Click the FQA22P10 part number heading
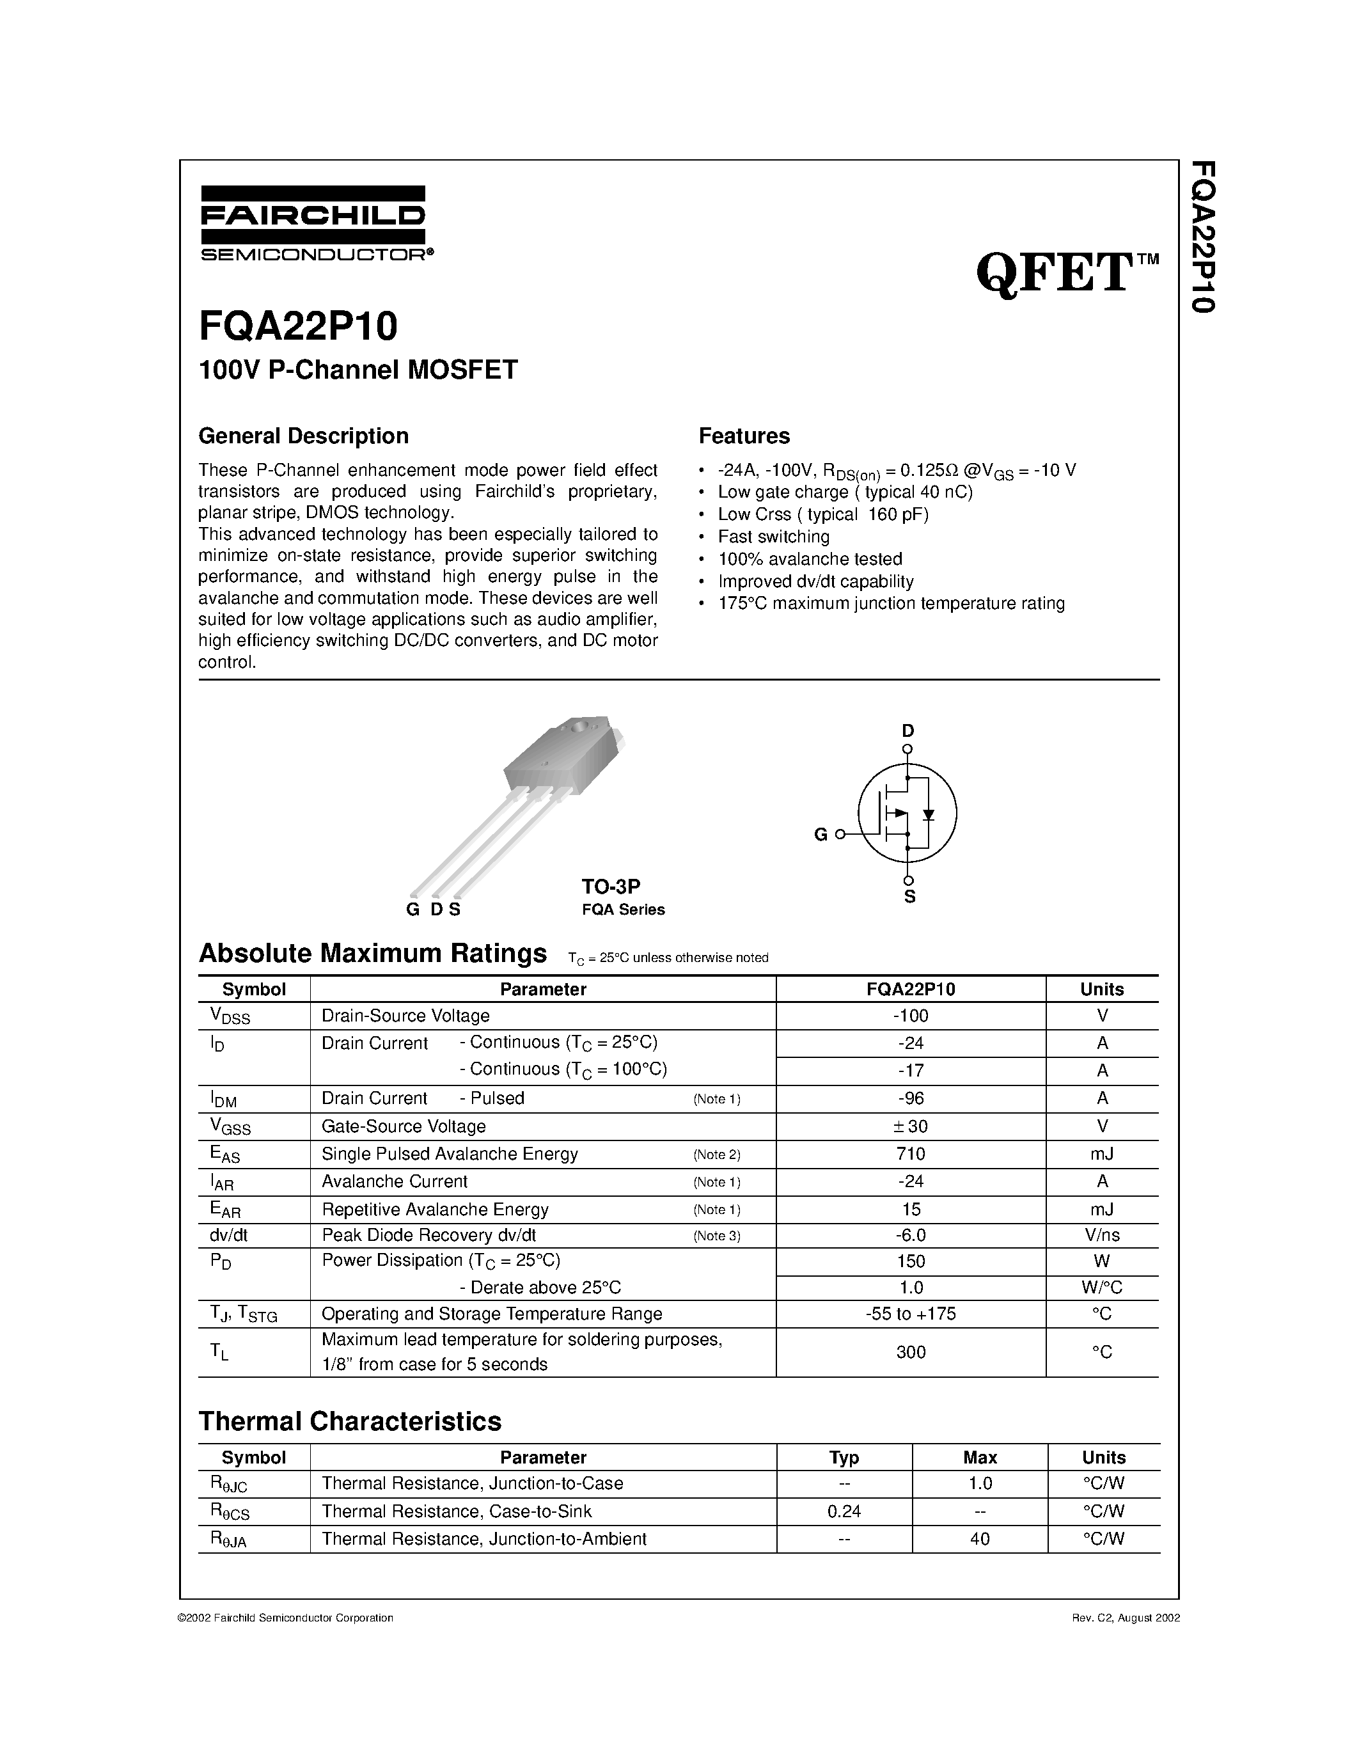[x=298, y=327]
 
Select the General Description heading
[x=304, y=436]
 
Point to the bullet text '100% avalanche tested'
[x=810, y=559]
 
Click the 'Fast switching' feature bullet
[x=774, y=537]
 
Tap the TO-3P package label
[x=611, y=886]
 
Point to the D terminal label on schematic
[x=907, y=730]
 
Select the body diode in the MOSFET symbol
[x=928, y=814]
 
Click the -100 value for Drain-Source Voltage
[x=911, y=1016]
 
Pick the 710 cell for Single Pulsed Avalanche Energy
[x=911, y=1154]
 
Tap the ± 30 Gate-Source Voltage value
[x=911, y=1126]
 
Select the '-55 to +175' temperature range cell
[x=911, y=1314]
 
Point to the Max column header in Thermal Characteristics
[x=980, y=1457]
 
